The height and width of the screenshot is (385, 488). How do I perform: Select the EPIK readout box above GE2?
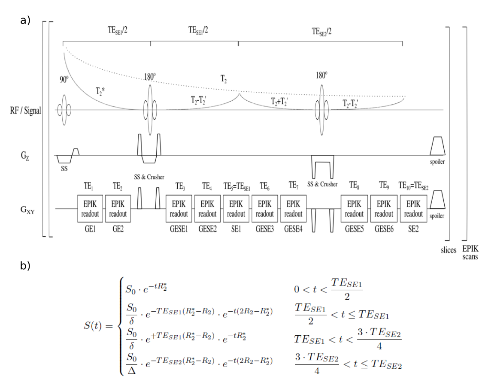pos(118,209)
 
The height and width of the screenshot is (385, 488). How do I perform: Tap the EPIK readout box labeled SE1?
pos(236,209)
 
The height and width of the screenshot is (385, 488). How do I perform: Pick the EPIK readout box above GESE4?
pos(293,209)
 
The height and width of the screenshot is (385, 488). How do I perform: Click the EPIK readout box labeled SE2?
pos(413,209)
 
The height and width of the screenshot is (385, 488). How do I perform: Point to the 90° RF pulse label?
pos(64,79)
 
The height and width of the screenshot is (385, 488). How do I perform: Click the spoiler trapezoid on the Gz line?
pos(437,146)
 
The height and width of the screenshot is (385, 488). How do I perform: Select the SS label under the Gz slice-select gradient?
pos(64,168)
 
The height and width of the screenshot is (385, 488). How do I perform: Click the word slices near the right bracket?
pos(448,250)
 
